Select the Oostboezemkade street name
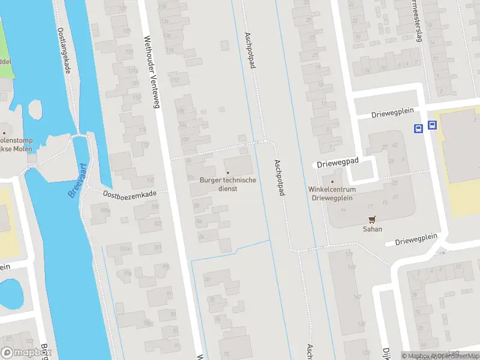pyautogui.click(x=130, y=194)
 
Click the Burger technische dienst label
pyautogui.click(x=228, y=184)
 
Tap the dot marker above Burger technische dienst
pyautogui.click(x=228, y=173)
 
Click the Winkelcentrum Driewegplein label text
pyautogui.click(x=332, y=193)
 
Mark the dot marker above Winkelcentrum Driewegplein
pyautogui.click(x=332, y=181)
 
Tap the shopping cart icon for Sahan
pyautogui.click(x=372, y=220)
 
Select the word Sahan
pyautogui.click(x=372, y=229)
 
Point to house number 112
pyautogui.click(x=176, y=80)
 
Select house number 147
pyautogui.click(x=358, y=297)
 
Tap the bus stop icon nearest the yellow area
pyautogui.click(x=432, y=127)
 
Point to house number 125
pyautogui.click(x=126, y=31)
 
